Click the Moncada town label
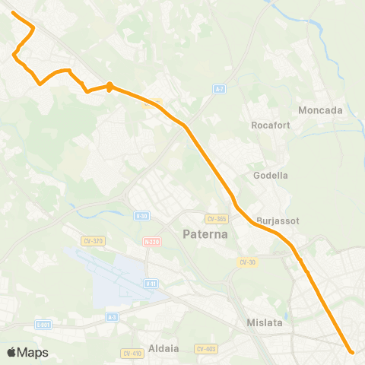point(321,110)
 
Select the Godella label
point(271,175)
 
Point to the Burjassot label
point(278,221)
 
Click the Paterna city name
point(205,234)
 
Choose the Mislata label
point(265,322)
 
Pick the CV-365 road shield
point(217,218)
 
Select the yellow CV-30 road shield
point(246,262)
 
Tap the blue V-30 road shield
point(141,216)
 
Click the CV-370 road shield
point(94,241)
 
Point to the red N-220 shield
point(151,242)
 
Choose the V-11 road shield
point(151,283)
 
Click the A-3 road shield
point(113,317)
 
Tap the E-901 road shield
point(43,325)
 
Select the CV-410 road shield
point(132,354)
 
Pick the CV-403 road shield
point(206,349)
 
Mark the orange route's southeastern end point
point(351,351)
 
